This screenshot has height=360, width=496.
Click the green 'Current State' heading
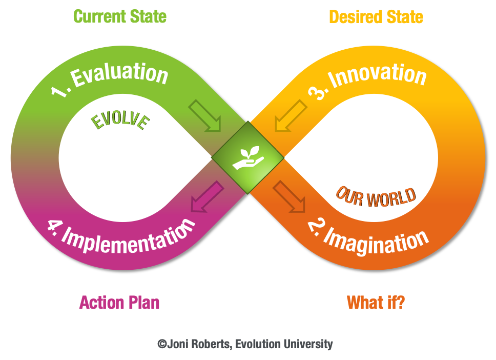click(x=120, y=16)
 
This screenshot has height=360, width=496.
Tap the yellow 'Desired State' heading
click(x=376, y=17)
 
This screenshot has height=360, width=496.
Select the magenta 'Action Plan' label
click(x=119, y=303)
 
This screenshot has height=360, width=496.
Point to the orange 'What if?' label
click(x=376, y=303)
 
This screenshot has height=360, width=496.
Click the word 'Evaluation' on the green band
click(x=119, y=74)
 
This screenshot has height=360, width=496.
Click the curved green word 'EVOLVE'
click(x=120, y=121)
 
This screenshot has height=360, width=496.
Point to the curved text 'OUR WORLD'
click(x=376, y=197)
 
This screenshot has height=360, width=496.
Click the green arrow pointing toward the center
click(x=205, y=115)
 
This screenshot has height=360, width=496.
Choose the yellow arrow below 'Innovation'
click(x=291, y=115)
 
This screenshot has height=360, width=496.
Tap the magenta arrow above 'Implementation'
click(x=207, y=196)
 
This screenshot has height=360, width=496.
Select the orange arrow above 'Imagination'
click(x=289, y=196)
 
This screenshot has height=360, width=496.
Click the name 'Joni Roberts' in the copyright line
click(x=198, y=344)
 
